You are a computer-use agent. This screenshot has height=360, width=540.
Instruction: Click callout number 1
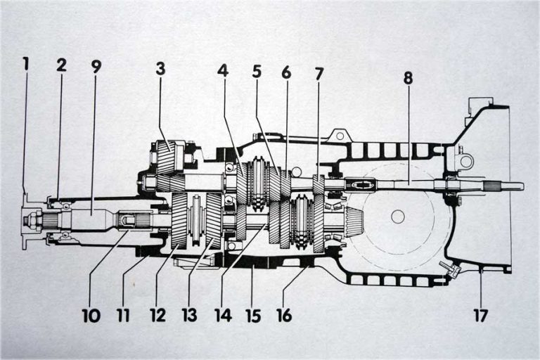(x=26, y=64)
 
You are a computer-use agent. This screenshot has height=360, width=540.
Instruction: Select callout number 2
(x=62, y=65)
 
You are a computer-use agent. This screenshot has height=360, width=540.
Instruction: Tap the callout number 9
(x=96, y=67)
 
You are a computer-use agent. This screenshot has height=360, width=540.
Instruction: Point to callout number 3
(x=161, y=69)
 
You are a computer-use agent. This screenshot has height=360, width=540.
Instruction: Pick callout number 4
(x=224, y=71)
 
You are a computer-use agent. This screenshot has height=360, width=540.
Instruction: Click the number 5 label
(x=257, y=71)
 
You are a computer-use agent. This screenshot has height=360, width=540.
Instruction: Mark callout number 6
(x=286, y=72)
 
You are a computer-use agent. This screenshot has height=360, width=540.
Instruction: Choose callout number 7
(x=319, y=73)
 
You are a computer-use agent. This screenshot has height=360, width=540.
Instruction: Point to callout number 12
(x=157, y=316)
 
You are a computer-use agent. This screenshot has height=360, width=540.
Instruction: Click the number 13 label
(x=190, y=316)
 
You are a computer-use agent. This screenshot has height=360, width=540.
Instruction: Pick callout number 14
(x=222, y=316)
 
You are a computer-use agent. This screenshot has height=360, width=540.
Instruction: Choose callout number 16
(x=286, y=316)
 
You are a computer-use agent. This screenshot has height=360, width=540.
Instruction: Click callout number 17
(x=480, y=316)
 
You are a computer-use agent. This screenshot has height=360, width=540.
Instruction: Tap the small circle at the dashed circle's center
(x=398, y=217)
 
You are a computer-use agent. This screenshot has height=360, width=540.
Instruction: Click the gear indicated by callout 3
(x=168, y=156)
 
